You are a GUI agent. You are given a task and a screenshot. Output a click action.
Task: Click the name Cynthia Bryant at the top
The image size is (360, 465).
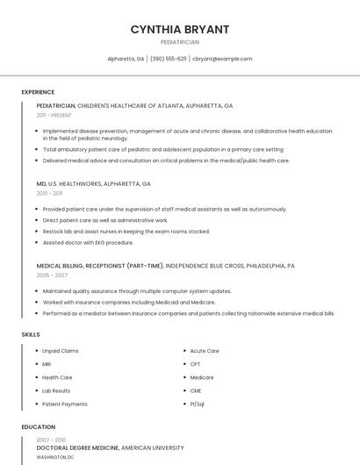pyautogui.click(x=179, y=29)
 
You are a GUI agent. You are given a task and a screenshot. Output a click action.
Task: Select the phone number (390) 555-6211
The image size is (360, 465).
pyautogui.click(x=169, y=59)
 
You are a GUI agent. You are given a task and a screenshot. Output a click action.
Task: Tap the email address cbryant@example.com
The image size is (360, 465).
pyautogui.click(x=222, y=59)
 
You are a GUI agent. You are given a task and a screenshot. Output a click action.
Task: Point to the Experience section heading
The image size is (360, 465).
pyautogui.click(x=38, y=92)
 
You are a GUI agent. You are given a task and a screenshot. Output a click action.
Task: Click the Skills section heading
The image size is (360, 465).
pyautogui.click(x=31, y=334)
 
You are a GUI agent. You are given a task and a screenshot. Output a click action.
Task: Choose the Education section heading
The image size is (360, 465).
pyautogui.click(x=38, y=427)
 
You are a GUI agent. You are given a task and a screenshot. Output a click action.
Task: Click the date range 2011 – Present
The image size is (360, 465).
pyautogui.click(x=54, y=115)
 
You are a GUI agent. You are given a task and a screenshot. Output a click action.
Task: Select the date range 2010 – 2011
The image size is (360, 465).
pyautogui.click(x=49, y=193)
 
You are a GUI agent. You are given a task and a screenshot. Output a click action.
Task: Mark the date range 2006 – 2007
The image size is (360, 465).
pyautogui.click(x=52, y=275)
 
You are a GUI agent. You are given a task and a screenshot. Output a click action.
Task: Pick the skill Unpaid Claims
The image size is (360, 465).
pyautogui.click(x=60, y=351)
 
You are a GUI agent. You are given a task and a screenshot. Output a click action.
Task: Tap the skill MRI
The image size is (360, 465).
pyautogui.click(x=47, y=364)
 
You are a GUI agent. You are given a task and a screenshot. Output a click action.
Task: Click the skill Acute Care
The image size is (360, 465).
pyautogui.click(x=205, y=351)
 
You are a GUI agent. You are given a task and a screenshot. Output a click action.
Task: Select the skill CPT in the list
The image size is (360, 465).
pyautogui.click(x=195, y=364)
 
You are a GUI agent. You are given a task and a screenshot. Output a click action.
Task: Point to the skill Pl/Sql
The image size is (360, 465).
pyautogui.click(x=197, y=404)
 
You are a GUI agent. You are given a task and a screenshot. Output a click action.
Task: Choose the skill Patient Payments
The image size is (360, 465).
pyautogui.click(x=65, y=404)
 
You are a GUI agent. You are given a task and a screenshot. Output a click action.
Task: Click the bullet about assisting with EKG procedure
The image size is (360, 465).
pyautogui.click(x=88, y=242)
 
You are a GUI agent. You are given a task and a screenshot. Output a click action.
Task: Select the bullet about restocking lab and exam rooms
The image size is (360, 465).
pyautogui.click(x=126, y=232)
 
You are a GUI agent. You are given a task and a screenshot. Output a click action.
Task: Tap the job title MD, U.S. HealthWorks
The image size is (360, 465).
pyautogui.click(x=93, y=184)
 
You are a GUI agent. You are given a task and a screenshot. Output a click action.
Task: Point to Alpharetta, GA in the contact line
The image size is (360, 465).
pyautogui.click(x=126, y=59)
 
